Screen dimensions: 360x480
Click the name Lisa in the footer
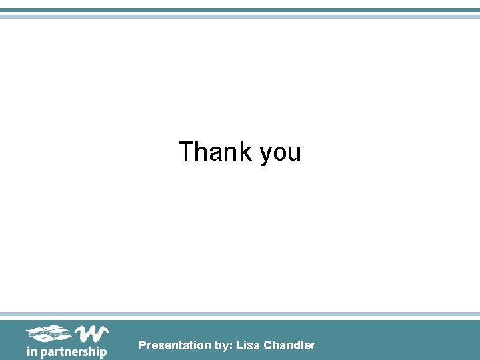(x=248, y=345)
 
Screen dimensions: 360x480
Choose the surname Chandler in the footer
(x=289, y=345)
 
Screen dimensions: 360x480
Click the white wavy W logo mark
(x=91, y=333)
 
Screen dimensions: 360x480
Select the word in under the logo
(x=31, y=351)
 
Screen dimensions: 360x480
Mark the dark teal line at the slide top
(x=240, y=10)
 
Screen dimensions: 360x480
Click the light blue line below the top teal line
(x=240, y=16)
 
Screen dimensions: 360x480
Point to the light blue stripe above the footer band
(x=240, y=314)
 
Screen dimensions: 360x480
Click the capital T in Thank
(x=186, y=152)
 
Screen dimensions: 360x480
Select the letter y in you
(x=265, y=155)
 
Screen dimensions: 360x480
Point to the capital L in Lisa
(x=239, y=345)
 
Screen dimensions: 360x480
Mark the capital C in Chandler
(x=268, y=345)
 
